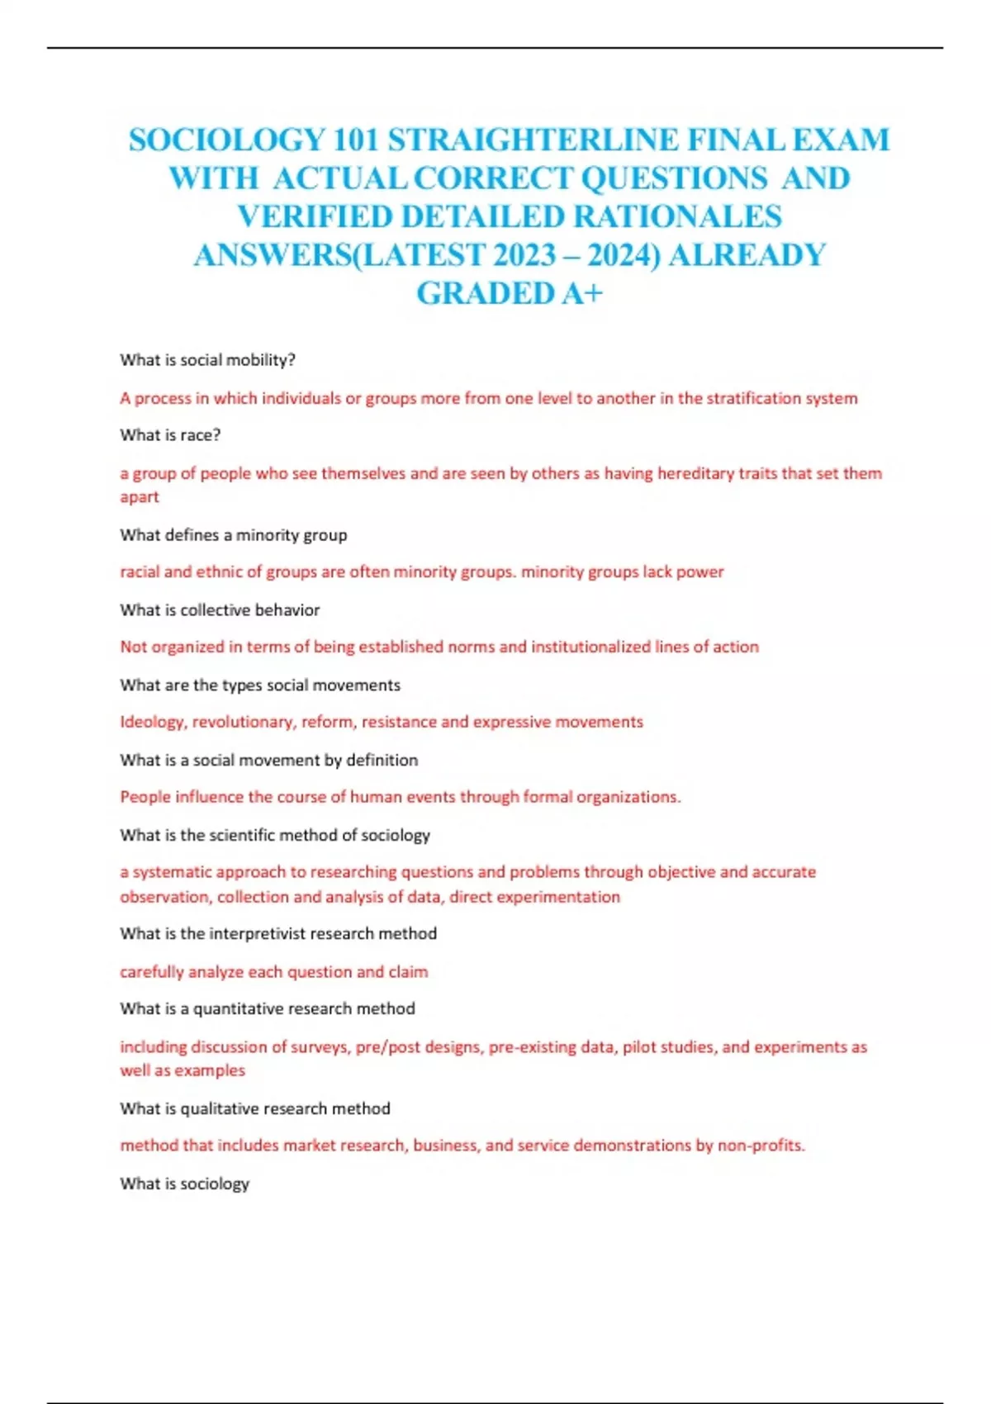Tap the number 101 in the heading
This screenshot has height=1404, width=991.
(355, 140)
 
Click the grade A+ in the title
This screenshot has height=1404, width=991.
(582, 293)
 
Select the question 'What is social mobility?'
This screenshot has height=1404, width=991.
(207, 360)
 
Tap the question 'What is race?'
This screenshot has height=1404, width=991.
(170, 435)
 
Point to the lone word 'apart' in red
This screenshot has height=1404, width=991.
(140, 497)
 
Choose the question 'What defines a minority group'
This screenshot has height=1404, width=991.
(233, 535)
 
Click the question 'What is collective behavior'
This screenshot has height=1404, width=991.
(220, 610)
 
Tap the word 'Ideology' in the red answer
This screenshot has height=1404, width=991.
(153, 722)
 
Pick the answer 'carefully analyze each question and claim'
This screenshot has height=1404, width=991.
(273, 972)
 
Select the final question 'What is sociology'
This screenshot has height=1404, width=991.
(184, 1183)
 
